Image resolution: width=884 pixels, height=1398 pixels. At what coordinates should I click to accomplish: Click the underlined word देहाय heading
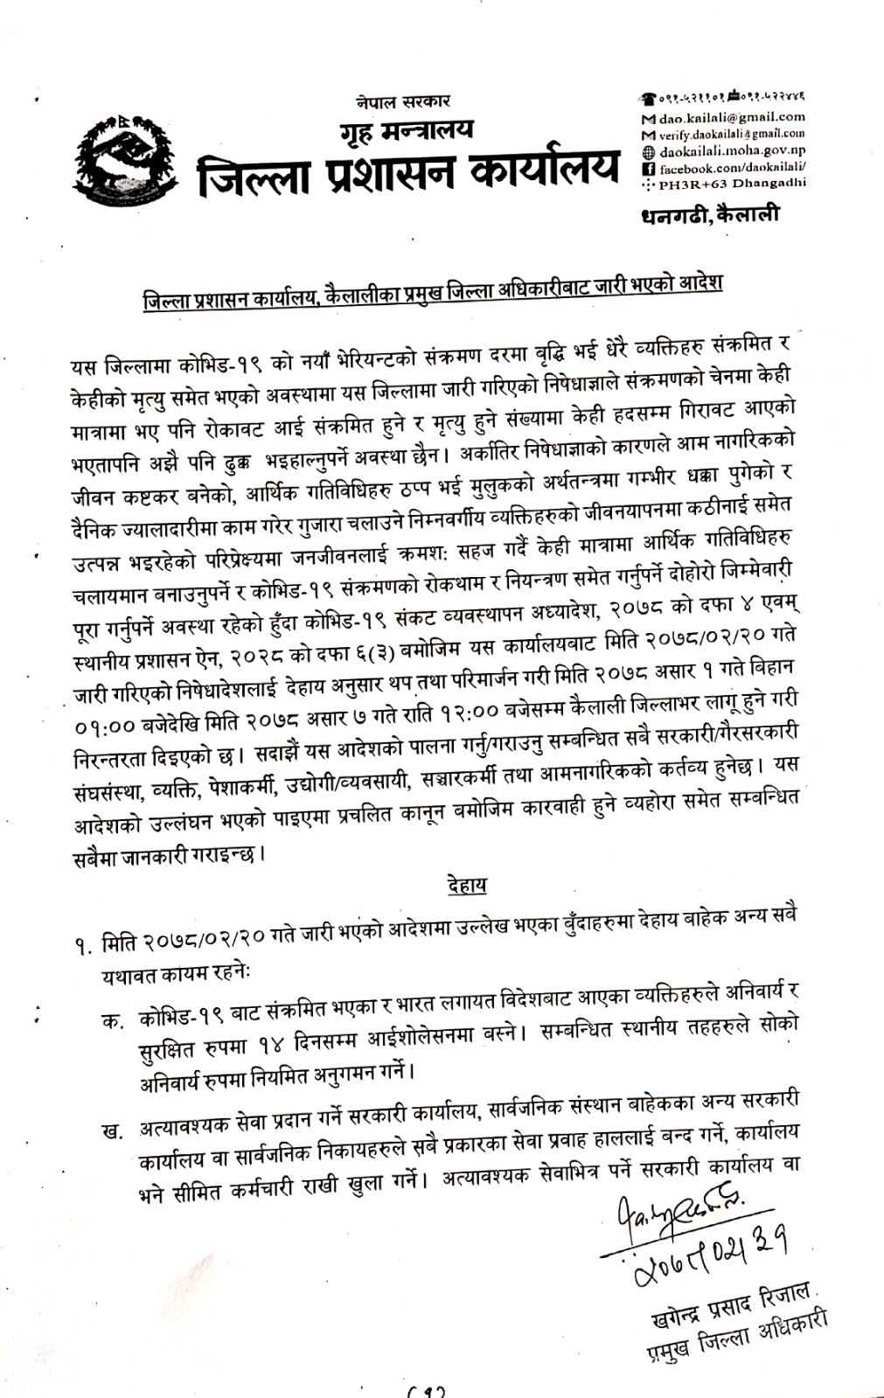[465, 885]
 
